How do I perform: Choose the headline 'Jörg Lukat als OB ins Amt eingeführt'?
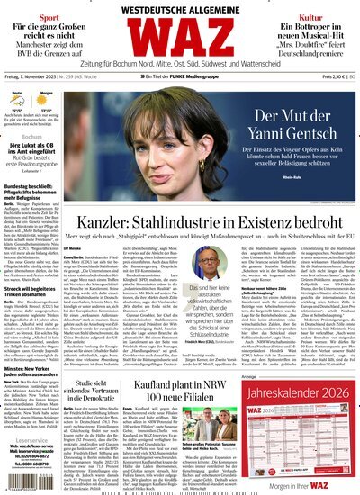pyautogui.click(x=36, y=152)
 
